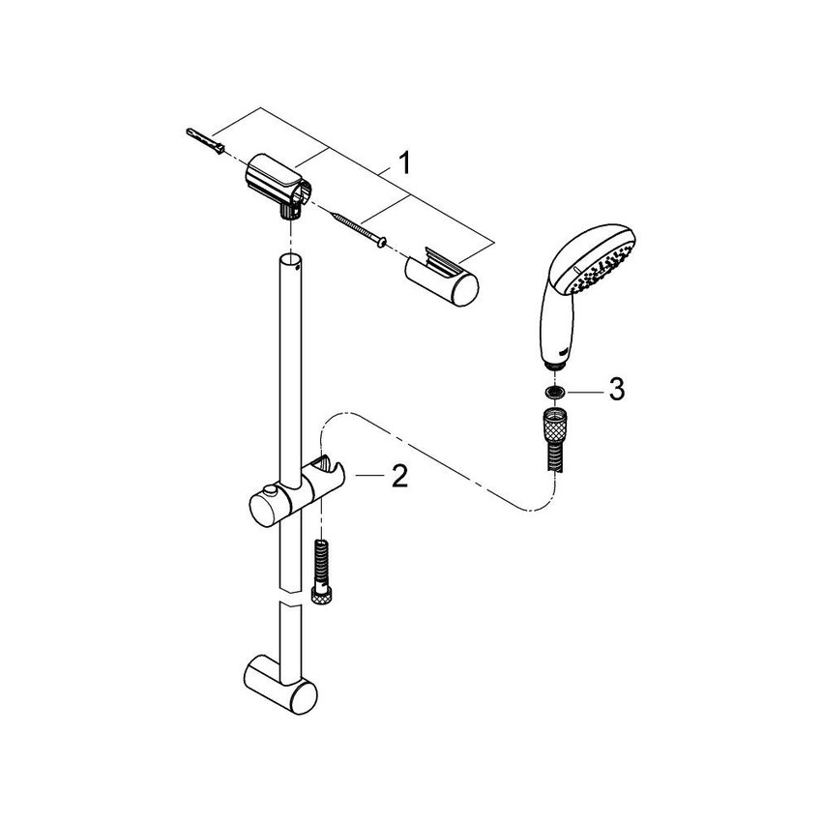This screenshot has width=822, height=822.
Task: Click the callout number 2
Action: coord(398,476)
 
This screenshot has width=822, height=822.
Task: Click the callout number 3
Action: coord(616,390)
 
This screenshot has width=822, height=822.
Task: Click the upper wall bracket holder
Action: coord(277,181)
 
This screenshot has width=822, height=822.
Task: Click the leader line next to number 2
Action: coord(368,476)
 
